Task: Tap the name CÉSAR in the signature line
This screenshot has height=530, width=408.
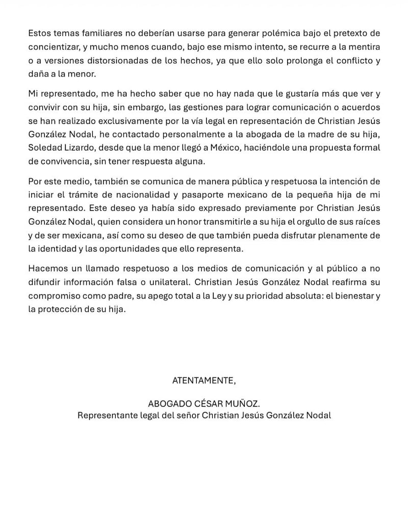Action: (199, 404)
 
